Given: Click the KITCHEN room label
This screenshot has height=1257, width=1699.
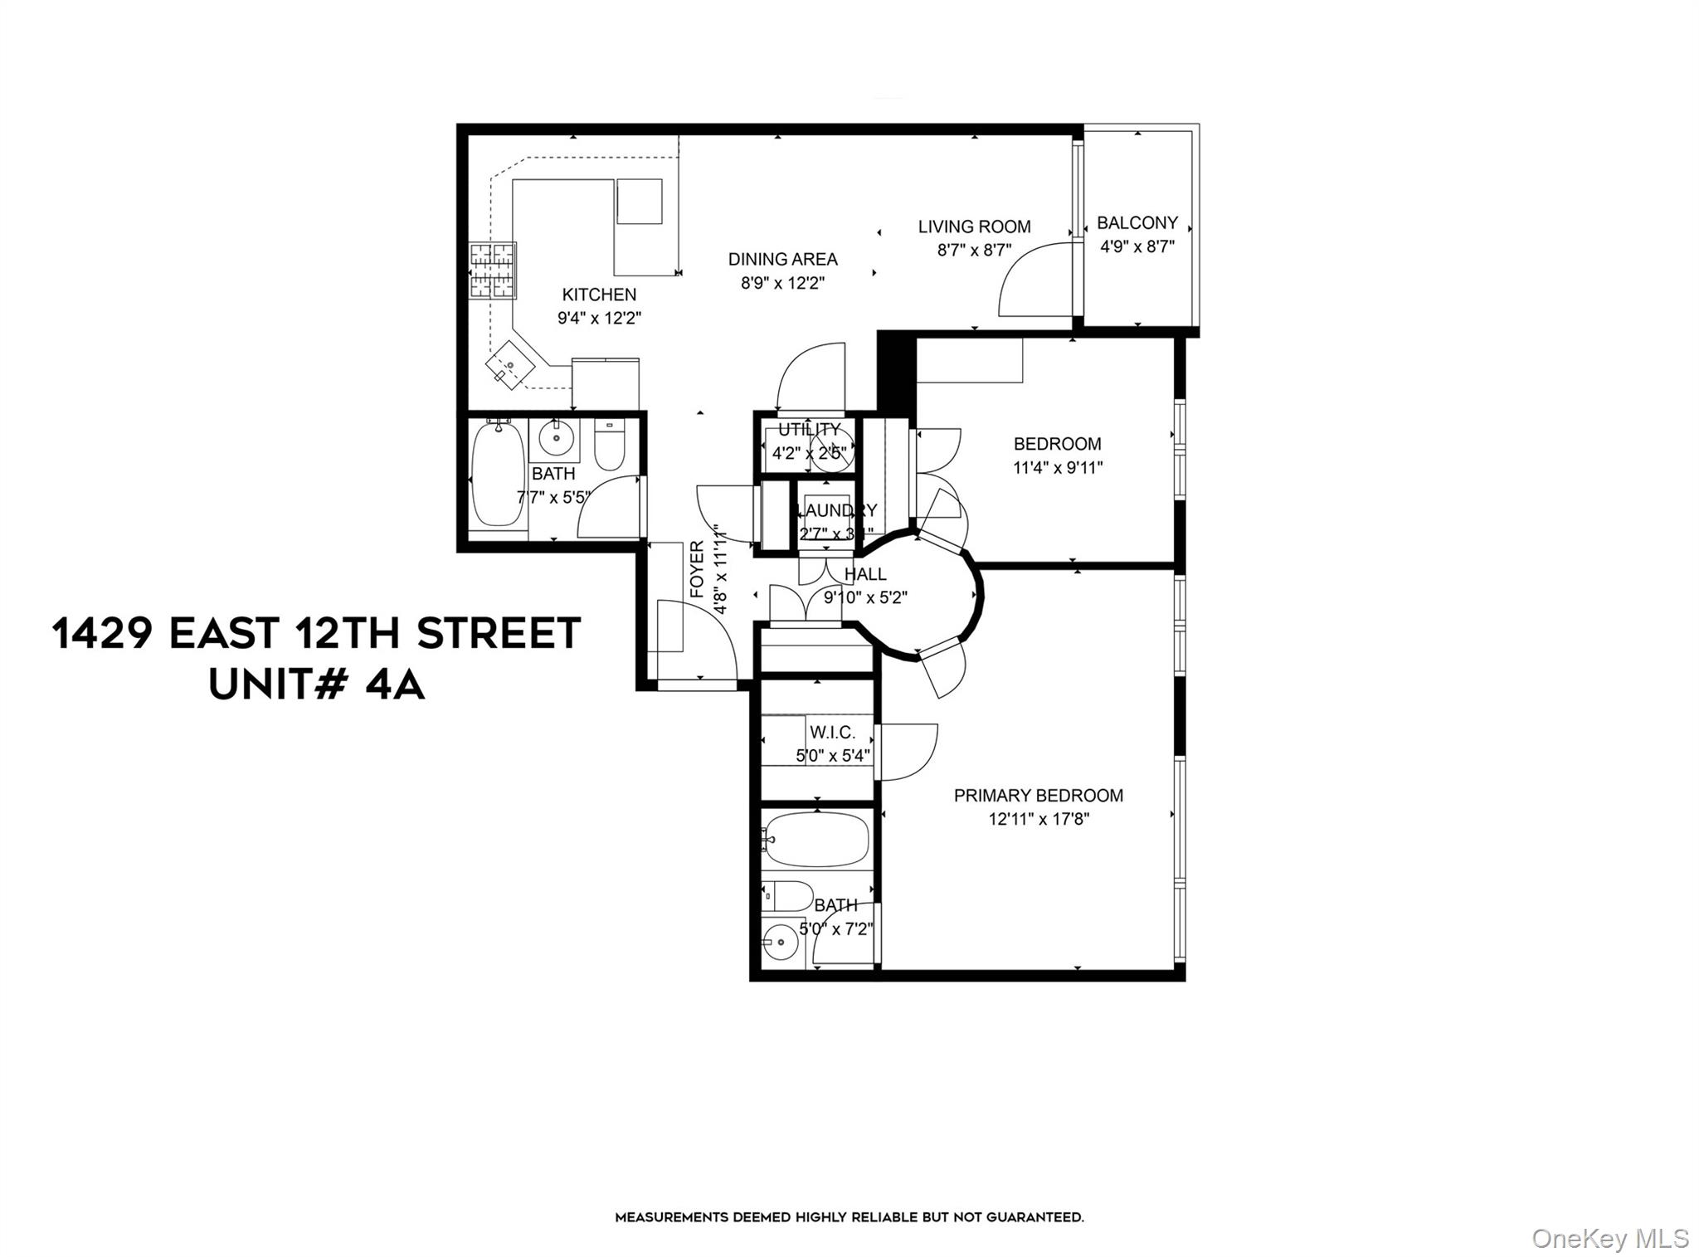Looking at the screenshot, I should point(599,295).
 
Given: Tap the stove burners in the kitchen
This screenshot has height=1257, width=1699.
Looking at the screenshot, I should point(493,270).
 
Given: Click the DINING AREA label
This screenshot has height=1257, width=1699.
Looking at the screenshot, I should point(782,259).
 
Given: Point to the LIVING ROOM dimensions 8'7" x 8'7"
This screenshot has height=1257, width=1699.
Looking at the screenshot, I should point(974,250).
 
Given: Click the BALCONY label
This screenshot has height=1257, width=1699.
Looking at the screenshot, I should point(1137,222).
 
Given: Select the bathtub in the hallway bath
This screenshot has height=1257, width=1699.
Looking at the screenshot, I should point(497,475).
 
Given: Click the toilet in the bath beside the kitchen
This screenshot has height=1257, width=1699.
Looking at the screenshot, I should point(610,447).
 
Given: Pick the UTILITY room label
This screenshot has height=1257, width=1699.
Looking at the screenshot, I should point(809,430).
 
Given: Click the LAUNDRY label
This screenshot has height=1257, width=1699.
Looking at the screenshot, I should point(835,510).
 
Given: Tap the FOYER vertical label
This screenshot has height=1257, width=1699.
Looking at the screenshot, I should point(697,569).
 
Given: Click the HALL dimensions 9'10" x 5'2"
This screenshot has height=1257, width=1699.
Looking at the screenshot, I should point(865,597).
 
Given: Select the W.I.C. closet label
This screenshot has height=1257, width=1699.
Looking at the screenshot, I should point(832,733).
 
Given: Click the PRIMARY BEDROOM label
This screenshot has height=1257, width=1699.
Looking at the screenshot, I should point(1038,796).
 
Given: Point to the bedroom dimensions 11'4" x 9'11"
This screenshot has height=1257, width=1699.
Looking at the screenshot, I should point(1058,468).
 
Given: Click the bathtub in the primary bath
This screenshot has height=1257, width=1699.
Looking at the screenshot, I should point(817,840).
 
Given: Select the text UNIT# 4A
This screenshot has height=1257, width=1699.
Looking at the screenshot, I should point(316,686).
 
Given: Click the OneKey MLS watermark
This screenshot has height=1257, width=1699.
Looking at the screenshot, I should point(1609,1239).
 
